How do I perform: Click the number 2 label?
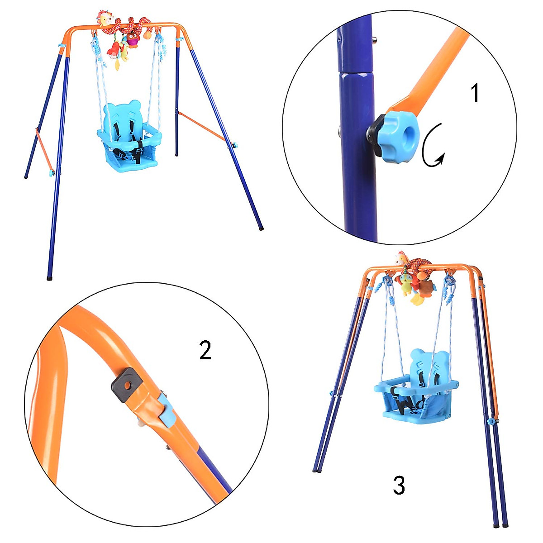pyautogui.click(x=205, y=350)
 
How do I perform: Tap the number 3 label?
pyautogui.click(x=399, y=486)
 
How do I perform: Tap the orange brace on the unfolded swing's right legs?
pyautogui.click(x=202, y=126)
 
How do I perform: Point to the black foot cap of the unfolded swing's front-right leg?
pyautogui.click(x=261, y=228)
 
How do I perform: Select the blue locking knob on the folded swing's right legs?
pyautogui.click(x=491, y=421)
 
